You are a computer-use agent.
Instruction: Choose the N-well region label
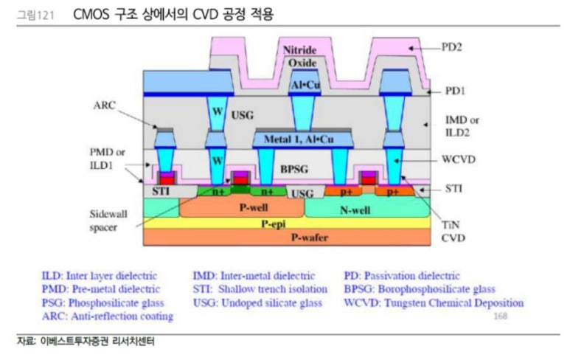pyautogui.click(x=354, y=210)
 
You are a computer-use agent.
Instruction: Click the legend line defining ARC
pyautogui.click(x=107, y=316)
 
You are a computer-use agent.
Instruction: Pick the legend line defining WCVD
pyautogui.click(x=434, y=302)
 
